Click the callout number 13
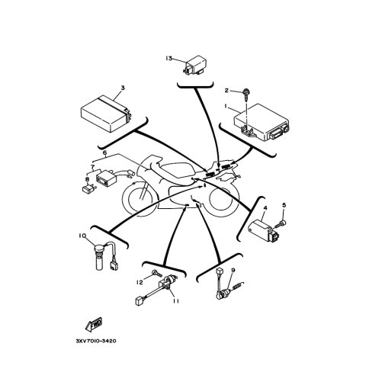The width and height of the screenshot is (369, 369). [168, 59]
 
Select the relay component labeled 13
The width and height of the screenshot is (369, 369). [195, 66]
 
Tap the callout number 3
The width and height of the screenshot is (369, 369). [123, 88]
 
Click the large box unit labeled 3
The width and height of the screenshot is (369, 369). [106, 114]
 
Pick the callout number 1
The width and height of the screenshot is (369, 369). [226, 107]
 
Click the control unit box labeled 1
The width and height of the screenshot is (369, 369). [262, 122]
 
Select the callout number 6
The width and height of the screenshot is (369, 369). [104, 152]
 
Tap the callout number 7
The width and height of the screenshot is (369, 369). [92, 166]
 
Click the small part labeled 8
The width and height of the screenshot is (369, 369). [88, 189]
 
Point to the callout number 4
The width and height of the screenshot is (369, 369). [265, 208]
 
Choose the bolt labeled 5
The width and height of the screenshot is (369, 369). [280, 224]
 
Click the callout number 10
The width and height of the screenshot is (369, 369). [82, 236]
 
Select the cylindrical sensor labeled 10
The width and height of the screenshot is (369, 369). [99, 256]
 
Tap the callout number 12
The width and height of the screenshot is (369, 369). [140, 282]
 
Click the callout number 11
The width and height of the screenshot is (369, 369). [176, 300]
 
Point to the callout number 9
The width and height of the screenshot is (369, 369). [233, 270]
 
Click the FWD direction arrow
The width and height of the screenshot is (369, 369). [94, 324]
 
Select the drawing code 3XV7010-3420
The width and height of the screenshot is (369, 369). [96, 341]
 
